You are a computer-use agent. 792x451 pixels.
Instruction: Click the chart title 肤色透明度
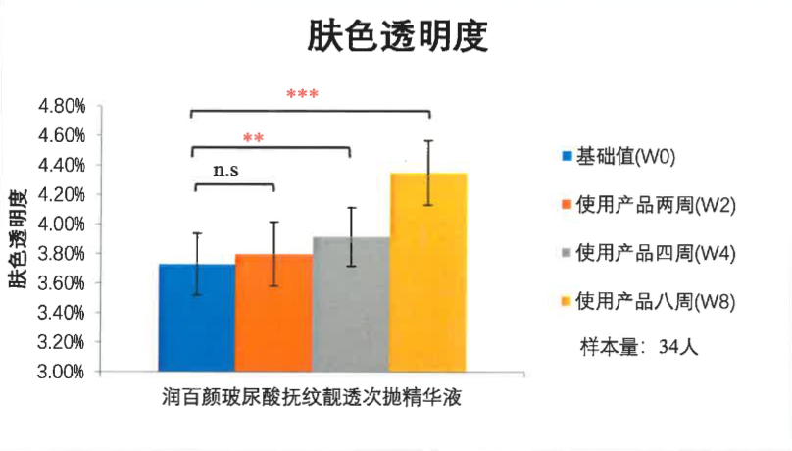[x=397, y=36]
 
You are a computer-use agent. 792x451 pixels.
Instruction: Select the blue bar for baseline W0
[x=197, y=318]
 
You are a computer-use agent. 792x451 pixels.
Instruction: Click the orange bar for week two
[x=273, y=314]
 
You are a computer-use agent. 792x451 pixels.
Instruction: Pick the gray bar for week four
[x=350, y=305]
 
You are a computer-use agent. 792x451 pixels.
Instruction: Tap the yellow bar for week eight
[x=428, y=273]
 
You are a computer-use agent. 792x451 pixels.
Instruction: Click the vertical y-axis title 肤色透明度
[x=20, y=237]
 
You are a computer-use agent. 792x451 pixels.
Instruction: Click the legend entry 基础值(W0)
[x=625, y=156]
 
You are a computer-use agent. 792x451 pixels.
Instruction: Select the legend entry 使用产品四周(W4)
[x=648, y=252]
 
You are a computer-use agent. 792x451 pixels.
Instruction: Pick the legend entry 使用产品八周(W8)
[x=648, y=300]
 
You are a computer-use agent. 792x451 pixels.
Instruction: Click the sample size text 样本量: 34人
[x=637, y=347]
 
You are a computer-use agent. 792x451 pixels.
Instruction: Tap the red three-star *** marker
[x=302, y=95]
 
